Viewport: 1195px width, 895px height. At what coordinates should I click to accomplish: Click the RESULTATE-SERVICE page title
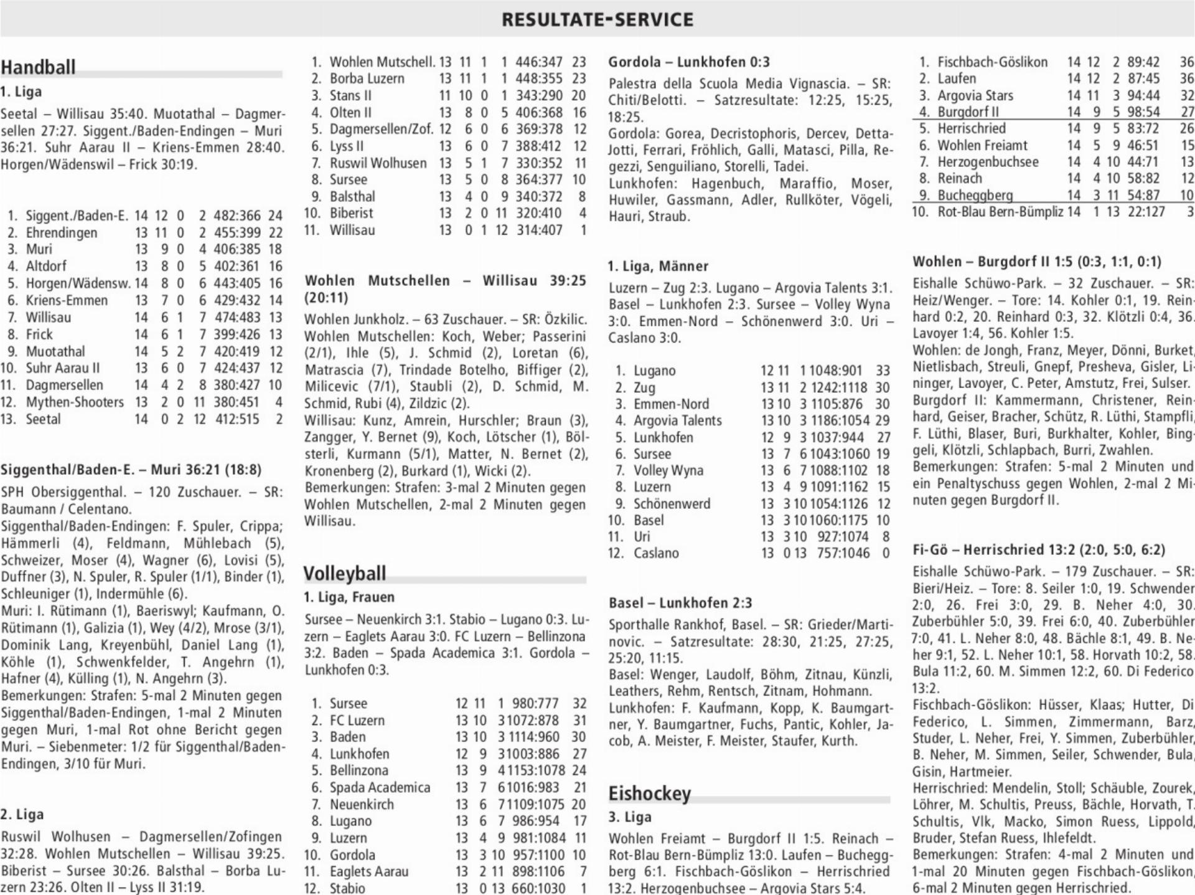point(597,19)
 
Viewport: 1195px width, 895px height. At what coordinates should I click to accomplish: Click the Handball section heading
point(38,67)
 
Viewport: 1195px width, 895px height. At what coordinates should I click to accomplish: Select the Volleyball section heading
point(345,573)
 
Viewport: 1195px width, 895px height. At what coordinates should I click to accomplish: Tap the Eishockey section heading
point(649,793)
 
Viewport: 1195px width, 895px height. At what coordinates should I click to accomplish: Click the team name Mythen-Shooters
point(75,402)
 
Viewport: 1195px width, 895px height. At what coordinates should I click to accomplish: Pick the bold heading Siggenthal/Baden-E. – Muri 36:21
point(131,470)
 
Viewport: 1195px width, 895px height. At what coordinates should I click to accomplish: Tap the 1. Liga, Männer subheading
point(658,266)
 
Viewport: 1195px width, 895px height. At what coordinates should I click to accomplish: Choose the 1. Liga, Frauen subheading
point(349,597)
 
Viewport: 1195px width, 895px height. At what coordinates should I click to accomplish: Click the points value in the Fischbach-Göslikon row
point(1186,62)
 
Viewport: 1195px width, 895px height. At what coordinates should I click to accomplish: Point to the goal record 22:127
point(1145,212)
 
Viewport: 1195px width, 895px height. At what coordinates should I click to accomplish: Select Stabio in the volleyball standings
point(347,888)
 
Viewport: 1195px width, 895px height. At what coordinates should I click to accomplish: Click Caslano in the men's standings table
point(656,553)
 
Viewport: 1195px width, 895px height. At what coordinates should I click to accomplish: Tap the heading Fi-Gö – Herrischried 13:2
point(1038,550)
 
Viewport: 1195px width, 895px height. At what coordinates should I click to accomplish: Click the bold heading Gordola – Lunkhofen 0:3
point(689,62)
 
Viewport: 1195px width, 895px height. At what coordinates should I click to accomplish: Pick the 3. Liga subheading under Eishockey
point(630,817)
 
